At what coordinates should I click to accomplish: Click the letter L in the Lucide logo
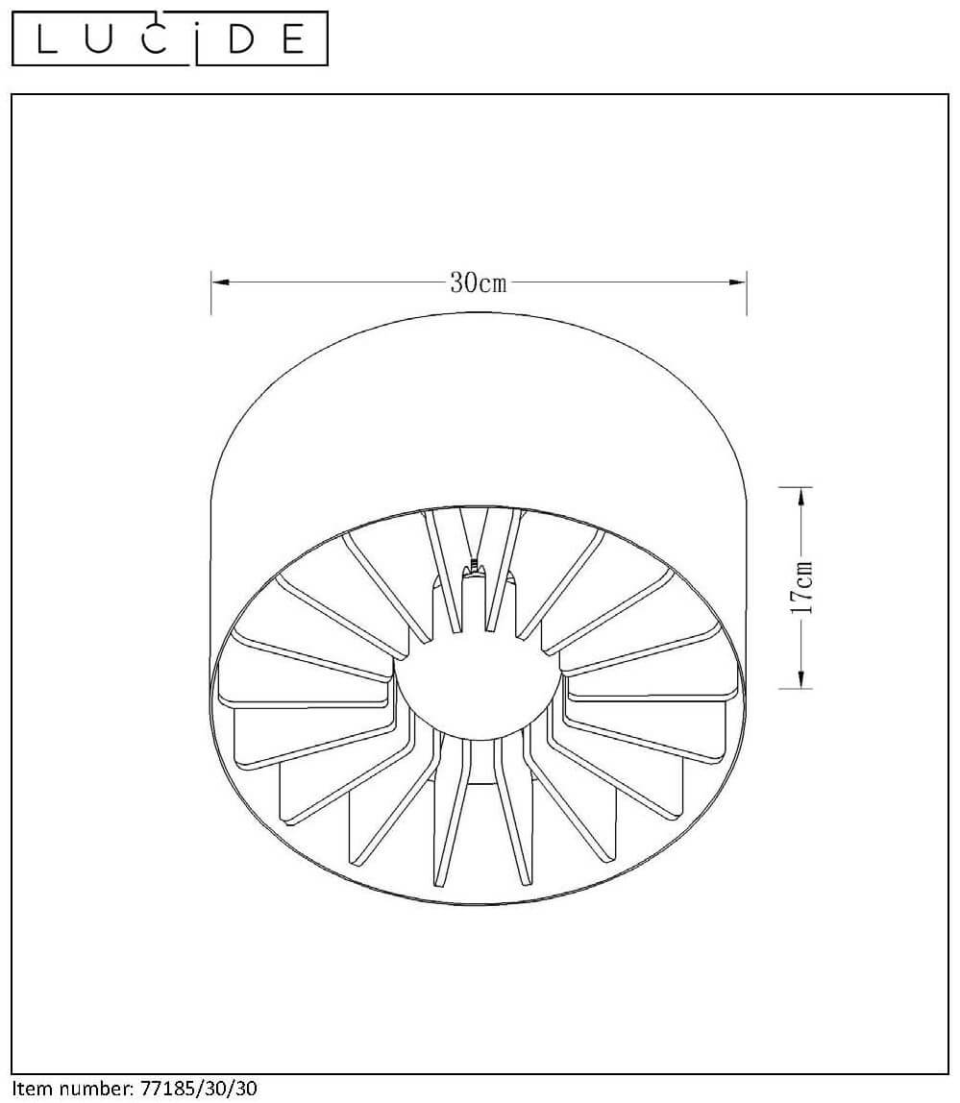(x=47, y=39)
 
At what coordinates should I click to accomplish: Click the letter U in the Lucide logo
(x=99, y=39)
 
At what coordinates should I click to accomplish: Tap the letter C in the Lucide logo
(x=154, y=39)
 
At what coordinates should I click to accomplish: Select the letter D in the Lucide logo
(x=240, y=39)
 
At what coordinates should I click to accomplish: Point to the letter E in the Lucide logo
(x=293, y=39)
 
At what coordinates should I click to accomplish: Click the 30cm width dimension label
(x=478, y=282)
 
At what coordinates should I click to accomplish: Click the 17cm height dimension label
(x=801, y=588)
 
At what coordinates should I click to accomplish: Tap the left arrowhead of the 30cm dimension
(x=221, y=282)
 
